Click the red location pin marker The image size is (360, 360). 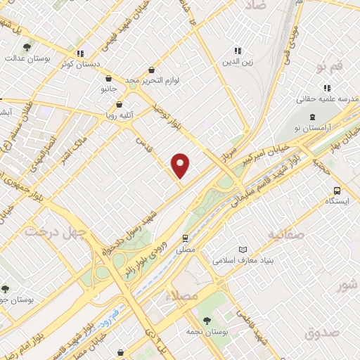[x=181, y=165]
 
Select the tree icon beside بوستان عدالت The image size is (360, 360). [x=26, y=48]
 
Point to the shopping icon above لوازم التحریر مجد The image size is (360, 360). [x=153, y=70]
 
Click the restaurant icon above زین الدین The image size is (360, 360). [x=238, y=51]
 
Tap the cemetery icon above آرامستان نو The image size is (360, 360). [x=311, y=116]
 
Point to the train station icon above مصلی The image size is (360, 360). [x=186, y=238]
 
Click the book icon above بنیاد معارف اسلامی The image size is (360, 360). [x=243, y=250]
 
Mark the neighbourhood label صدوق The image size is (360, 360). [x=323, y=331]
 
